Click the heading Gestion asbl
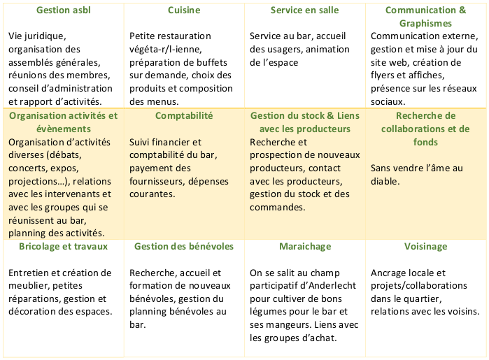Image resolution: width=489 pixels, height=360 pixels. tap(62, 10)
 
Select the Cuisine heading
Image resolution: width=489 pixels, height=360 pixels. tap(184, 10)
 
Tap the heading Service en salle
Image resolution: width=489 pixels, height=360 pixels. tap(305, 10)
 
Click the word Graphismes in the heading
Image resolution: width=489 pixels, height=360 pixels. tap(426, 23)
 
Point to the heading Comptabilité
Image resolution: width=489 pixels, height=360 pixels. tap(184, 115)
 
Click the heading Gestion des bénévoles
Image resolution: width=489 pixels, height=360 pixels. tap(184, 247)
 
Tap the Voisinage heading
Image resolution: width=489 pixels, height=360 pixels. tap(426, 247)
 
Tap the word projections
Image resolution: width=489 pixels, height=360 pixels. tap(34, 181)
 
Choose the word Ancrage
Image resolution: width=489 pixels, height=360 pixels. tap(390, 273)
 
